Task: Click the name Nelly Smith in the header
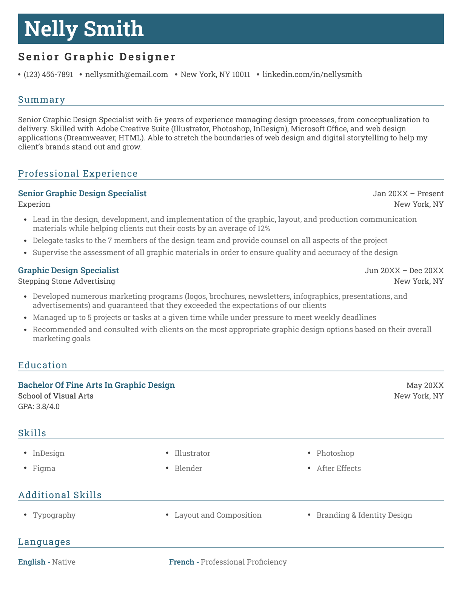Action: coord(84,29)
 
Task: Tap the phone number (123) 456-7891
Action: coord(48,74)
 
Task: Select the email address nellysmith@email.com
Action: coord(126,74)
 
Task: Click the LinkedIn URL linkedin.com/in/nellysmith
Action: coord(312,74)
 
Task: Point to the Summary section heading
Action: coord(42,100)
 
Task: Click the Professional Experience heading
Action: coord(78,174)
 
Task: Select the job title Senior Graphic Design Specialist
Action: coord(82,194)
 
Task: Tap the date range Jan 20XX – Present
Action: coord(408,194)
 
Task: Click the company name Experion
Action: coord(34,204)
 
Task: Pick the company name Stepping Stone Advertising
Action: coord(66,281)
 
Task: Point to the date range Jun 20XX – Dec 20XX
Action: coord(404,271)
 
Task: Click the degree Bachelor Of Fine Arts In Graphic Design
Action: coord(96,385)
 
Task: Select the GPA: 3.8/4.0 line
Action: coord(39,406)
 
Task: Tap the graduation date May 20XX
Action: coord(425,385)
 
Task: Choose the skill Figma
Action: coord(44,468)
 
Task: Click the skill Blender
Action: coord(188,468)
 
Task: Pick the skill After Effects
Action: coord(339,468)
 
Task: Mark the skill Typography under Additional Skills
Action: coord(54,515)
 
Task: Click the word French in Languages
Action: coord(182,562)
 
